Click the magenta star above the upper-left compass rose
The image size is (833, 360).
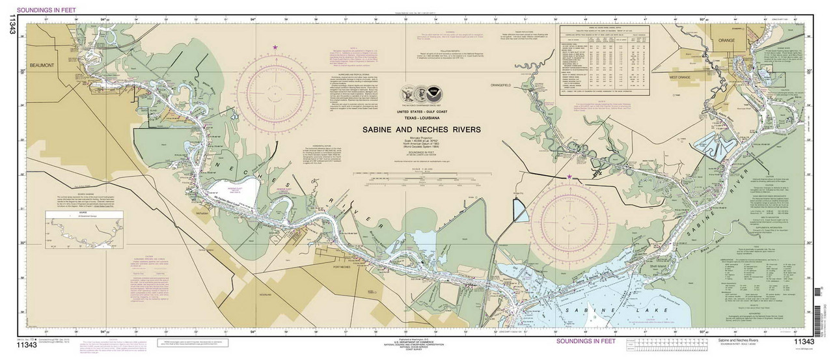pyautogui.click(x=276, y=47)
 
